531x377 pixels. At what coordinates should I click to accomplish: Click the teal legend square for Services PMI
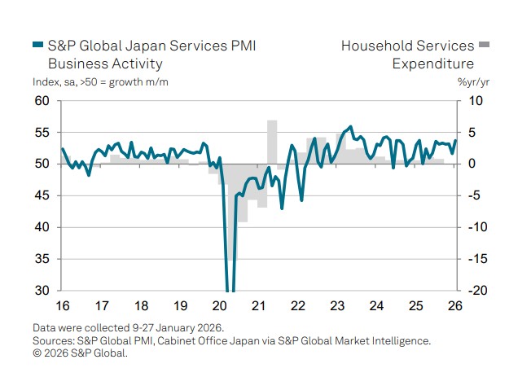[37, 46]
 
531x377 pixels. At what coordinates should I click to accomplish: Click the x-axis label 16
[62, 306]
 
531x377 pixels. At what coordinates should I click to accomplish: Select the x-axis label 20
[220, 306]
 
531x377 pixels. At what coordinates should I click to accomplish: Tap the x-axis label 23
[338, 306]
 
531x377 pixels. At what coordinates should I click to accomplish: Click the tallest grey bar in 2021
[272, 142]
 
